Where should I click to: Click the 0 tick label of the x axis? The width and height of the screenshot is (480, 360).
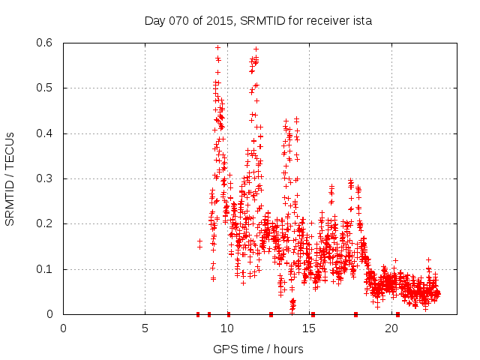[63, 328]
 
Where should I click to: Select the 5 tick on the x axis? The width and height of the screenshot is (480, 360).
[145, 328]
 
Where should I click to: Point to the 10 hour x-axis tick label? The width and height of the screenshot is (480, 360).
[228, 328]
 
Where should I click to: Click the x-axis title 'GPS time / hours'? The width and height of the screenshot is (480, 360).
[258, 349]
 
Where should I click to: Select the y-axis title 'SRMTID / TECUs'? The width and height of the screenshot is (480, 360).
[10, 178]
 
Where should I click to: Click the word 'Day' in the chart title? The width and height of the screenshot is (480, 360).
[154, 21]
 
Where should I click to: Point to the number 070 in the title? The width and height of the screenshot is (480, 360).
[179, 21]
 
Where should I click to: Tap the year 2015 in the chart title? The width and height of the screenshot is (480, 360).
[220, 21]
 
